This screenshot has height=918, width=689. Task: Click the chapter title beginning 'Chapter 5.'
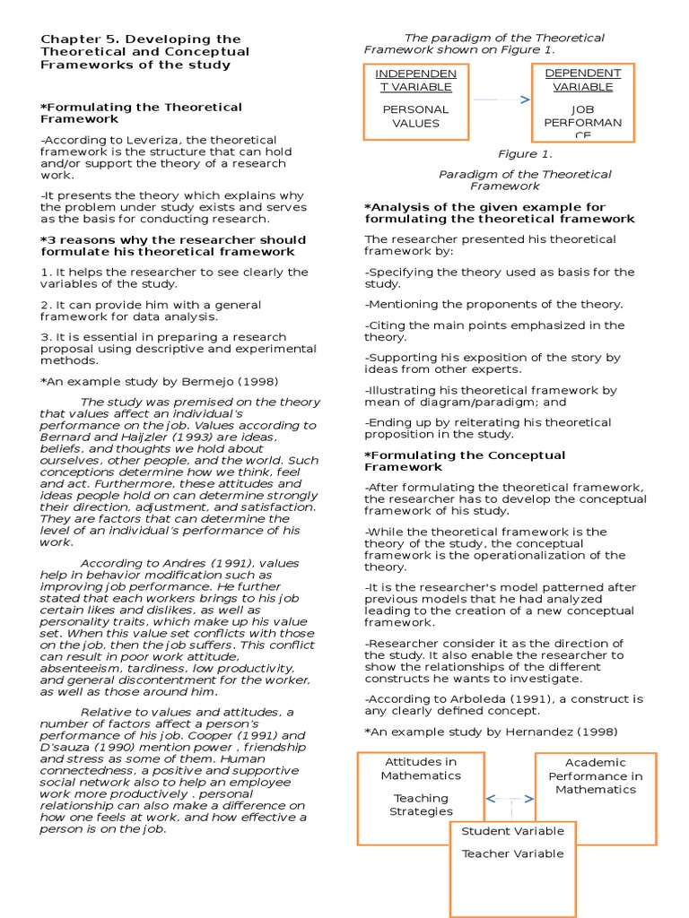pyautogui.click(x=141, y=52)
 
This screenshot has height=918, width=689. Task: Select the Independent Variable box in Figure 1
pyautogui.click(x=415, y=102)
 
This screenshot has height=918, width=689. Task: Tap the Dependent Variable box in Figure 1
pyautogui.click(x=582, y=102)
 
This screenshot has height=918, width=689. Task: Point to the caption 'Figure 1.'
pyautogui.click(x=525, y=154)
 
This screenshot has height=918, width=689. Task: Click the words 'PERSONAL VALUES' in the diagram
pyautogui.click(x=415, y=117)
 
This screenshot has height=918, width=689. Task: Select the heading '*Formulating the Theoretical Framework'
pyautogui.click(x=141, y=113)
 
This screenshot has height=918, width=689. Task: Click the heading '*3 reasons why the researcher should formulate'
pyautogui.click(x=173, y=246)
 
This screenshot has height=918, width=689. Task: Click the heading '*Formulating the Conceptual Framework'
pyautogui.click(x=465, y=461)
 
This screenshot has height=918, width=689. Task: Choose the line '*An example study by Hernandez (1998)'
pyautogui.click(x=491, y=732)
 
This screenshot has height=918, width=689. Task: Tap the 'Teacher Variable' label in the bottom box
pyautogui.click(x=512, y=853)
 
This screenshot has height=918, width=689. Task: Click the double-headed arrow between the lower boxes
pyautogui.click(x=510, y=798)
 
